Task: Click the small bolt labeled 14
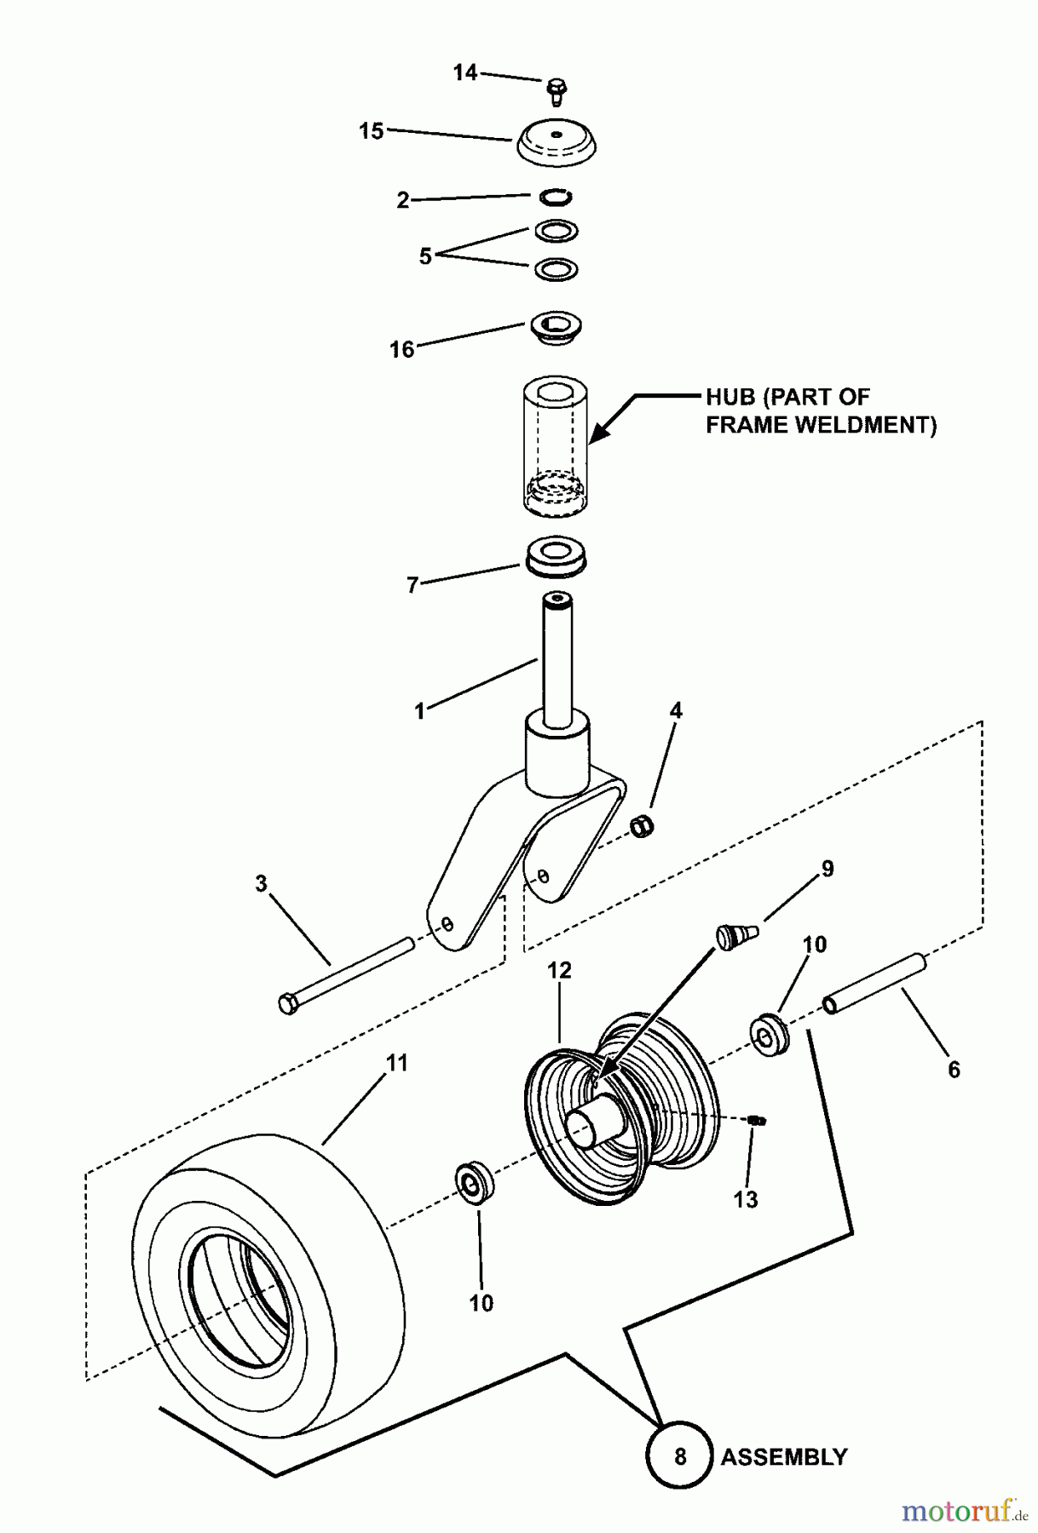click(556, 89)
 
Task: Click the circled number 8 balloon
click(679, 1455)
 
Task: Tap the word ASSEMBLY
click(784, 1456)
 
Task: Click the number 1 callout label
click(419, 711)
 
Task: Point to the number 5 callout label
click(425, 255)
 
